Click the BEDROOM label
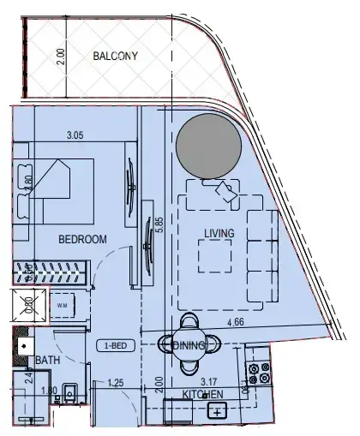82,241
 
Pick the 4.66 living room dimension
238,323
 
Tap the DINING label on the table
189,345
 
